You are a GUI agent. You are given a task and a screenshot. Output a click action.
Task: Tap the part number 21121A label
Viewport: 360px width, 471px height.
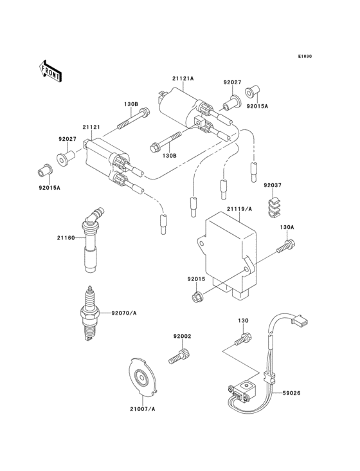[x=183, y=78]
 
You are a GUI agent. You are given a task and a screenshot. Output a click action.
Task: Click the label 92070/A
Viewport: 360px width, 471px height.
[x=124, y=313]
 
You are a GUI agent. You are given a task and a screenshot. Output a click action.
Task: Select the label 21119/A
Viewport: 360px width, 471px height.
[x=238, y=210]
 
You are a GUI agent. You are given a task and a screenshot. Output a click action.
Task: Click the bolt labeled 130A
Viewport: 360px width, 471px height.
[x=286, y=246]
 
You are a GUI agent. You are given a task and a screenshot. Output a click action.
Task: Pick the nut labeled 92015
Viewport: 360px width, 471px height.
[x=199, y=297]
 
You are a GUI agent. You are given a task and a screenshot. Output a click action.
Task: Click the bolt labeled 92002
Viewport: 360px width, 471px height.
[x=178, y=355]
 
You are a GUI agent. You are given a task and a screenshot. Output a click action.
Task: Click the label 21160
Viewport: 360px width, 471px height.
[x=66, y=238]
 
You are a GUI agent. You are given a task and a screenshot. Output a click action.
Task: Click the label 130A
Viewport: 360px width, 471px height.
[x=286, y=227]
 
